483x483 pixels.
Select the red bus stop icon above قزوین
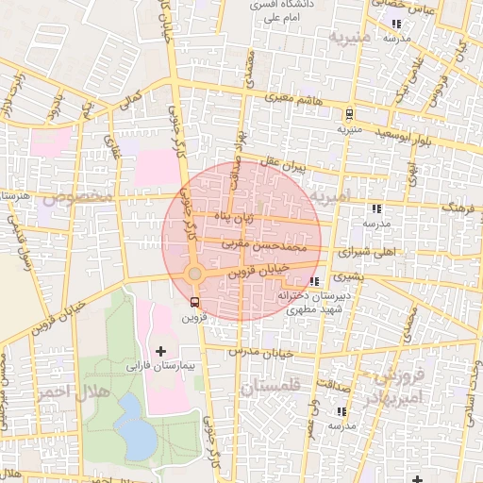194,303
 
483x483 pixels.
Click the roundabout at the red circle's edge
194,274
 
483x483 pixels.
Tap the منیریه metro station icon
350,111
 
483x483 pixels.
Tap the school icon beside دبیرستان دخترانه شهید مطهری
314,280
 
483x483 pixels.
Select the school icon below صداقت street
341,412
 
